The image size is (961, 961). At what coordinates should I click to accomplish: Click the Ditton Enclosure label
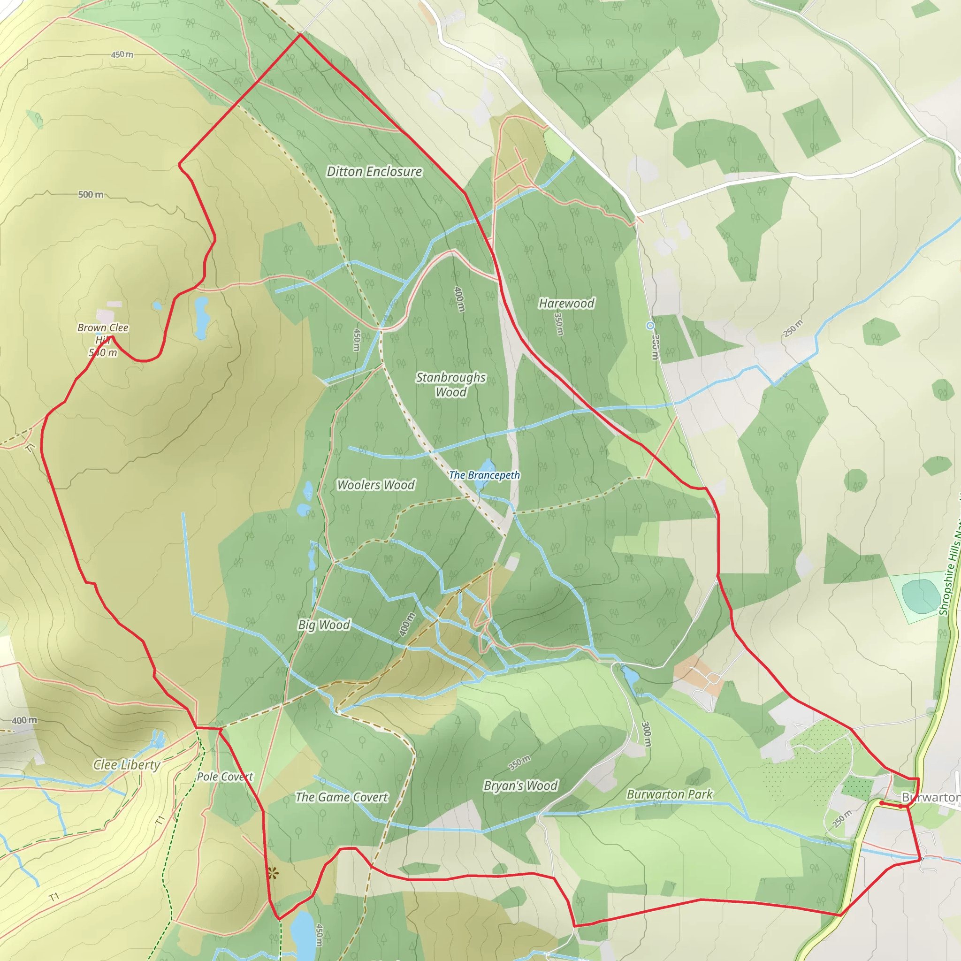tap(374, 172)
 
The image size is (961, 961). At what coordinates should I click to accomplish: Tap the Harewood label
tap(566, 303)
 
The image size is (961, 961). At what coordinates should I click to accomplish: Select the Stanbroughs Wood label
tap(450, 384)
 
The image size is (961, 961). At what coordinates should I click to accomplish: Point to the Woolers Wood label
tap(375, 485)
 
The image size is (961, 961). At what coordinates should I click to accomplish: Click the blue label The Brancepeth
tap(484, 475)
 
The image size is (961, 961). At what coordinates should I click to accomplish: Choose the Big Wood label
tap(324, 625)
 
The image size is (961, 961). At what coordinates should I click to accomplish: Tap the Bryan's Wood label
tap(520, 786)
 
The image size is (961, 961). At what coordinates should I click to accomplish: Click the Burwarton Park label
tap(670, 794)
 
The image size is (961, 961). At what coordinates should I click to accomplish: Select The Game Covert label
tap(341, 797)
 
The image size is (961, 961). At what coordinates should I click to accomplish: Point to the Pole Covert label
tap(225, 777)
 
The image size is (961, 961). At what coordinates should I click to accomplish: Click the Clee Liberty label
tap(126, 765)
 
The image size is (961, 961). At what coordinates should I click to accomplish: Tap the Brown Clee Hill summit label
tap(103, 340)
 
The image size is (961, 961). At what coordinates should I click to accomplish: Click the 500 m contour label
tap(91, 194)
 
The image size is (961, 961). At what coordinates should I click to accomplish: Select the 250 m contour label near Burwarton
tap(842, 818)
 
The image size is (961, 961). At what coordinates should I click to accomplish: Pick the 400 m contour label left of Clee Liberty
tap(24, 720)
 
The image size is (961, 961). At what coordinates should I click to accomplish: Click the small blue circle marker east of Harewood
tap(650, 326)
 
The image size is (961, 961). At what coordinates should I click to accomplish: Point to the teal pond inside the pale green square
tap(920, 596)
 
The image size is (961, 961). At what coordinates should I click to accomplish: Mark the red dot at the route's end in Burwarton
tap(881, 803)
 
